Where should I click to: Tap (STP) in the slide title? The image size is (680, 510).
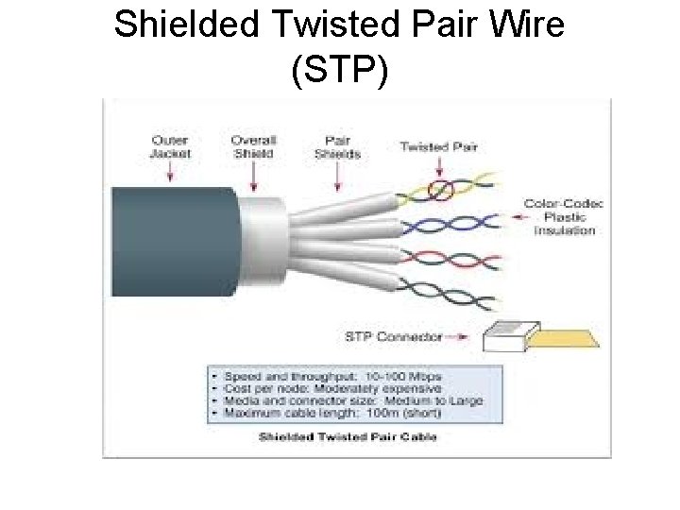coord(340,71)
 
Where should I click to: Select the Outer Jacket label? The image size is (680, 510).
coord(171,147)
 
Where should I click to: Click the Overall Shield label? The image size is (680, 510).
coord(253,147)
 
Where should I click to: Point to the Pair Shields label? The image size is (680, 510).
coord(337,147)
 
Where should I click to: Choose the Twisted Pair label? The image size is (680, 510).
coord(438,146)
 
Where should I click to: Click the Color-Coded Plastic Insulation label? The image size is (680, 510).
coord(564,216)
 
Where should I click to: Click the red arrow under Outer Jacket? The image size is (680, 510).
coord(171,172)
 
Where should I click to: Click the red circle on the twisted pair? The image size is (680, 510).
coord(439,191)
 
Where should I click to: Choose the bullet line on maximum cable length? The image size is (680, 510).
coord(321,413)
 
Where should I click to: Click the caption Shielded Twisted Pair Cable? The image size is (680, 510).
coord(348,436)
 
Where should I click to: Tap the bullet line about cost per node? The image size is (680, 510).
coord(326,388)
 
